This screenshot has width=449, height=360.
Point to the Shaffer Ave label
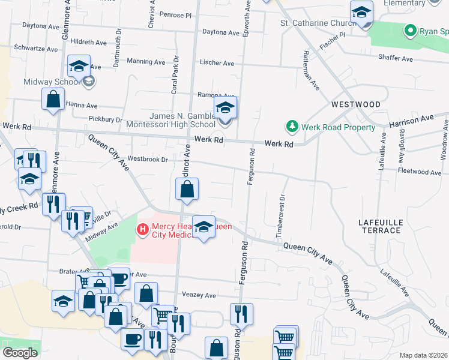(396, 59)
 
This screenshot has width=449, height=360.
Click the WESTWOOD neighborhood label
(356, 104)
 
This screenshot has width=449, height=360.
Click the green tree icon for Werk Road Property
(292, 127)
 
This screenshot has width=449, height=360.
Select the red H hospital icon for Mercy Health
(143, 229)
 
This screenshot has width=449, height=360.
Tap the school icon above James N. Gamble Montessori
(225, 109)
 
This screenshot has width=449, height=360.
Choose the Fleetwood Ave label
(420, 172)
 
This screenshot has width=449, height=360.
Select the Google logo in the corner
(20, 353)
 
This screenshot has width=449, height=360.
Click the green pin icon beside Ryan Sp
(411, 29)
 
